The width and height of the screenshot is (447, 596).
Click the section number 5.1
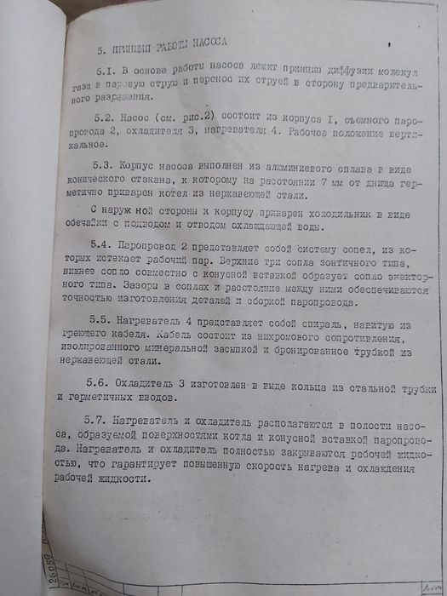click(x=108, y=69)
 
